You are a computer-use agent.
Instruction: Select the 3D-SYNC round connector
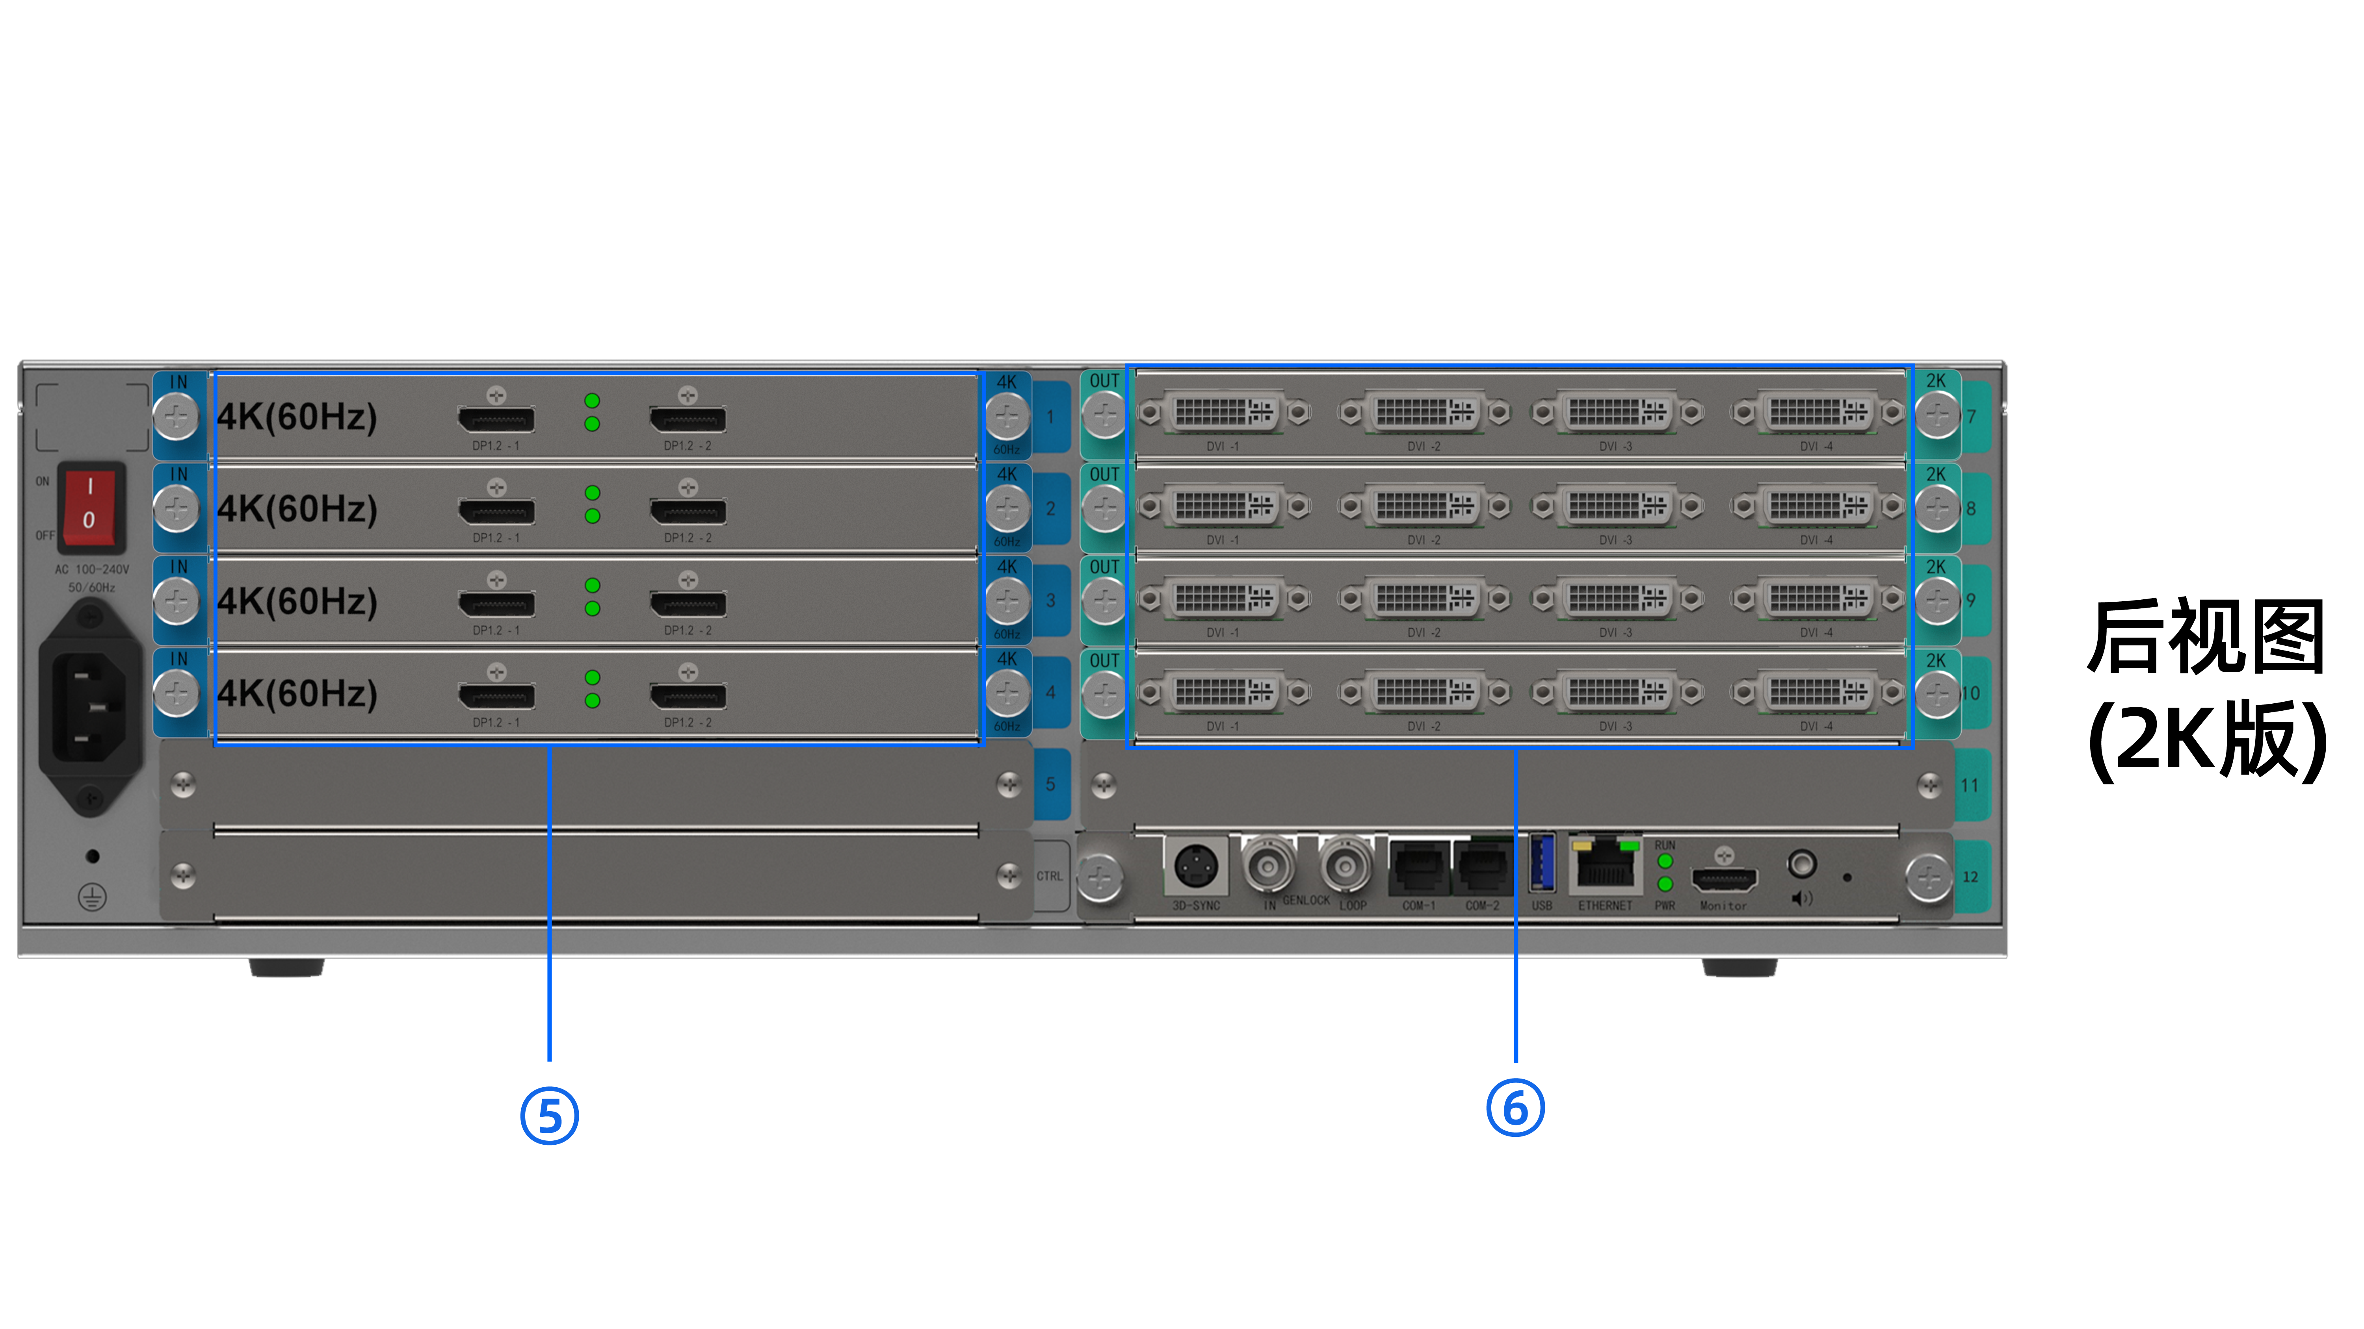tap(1196, 865)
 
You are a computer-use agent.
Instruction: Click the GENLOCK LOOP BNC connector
tap(1346, 864)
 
